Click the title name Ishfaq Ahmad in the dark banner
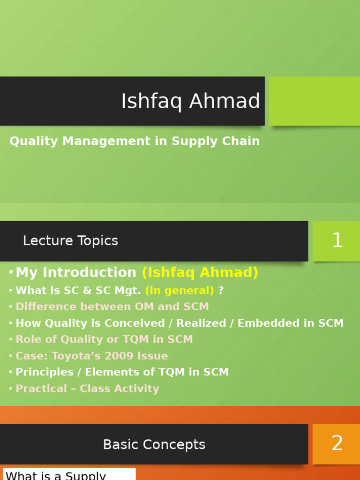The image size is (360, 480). coord(190,101)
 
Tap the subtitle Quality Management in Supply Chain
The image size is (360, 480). coord(135,141)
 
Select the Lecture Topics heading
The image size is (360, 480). coord(70,240)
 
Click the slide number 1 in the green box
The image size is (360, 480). coord(337,240)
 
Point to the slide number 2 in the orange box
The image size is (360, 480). coord(337,443)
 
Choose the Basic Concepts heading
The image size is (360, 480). coord(154,444)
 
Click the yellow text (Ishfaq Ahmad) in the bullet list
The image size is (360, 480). coord(200,272)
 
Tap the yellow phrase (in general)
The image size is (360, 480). coord(180,291)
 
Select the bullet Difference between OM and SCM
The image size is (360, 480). coord(112,307)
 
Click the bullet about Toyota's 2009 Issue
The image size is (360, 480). coord(91,356)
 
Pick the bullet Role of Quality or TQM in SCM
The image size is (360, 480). coord(104,339)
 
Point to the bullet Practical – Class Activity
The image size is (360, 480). coord(87,389)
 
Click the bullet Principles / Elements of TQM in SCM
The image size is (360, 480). coord(122,372)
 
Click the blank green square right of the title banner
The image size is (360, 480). coord(314,101)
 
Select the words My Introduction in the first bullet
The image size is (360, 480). coord(76,272)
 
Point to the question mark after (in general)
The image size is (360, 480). coord(221,291)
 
